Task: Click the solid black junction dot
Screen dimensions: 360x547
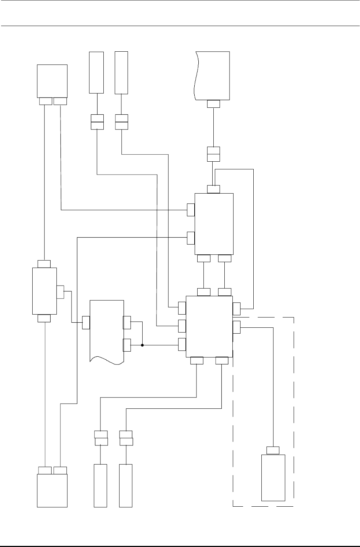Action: tap(142, 345)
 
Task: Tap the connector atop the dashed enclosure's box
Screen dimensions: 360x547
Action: tap(273, 450)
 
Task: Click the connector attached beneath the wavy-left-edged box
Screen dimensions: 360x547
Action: tap(213, 104)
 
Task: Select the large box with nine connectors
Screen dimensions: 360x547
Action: tap(209, 326)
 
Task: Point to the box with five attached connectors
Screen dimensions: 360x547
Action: tap(214, 223)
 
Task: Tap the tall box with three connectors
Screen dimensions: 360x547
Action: tap(44, 291)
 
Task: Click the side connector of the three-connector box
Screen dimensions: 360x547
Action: tap(60, 291)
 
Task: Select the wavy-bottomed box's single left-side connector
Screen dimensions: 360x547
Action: tap(86, 322)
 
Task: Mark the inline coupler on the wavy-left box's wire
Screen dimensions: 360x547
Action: tap(213, 154)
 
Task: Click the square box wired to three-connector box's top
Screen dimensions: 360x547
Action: tap(52, 81)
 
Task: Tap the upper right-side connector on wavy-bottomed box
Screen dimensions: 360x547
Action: tap(127, 322)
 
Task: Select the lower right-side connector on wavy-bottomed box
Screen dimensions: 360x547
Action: tap(127, 345)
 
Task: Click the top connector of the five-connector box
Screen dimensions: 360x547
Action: tap(213, 189)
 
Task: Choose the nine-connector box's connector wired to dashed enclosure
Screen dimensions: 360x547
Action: tap(236, 327)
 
